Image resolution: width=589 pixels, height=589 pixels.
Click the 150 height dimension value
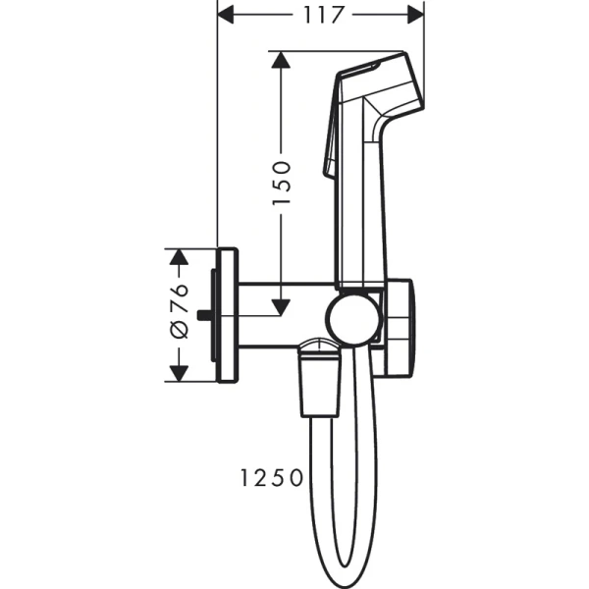(281, 182)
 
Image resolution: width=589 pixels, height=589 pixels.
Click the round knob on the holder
(353, 318)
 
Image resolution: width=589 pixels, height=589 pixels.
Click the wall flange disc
(226, 315)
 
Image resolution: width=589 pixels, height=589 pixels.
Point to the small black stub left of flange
(203, 315)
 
